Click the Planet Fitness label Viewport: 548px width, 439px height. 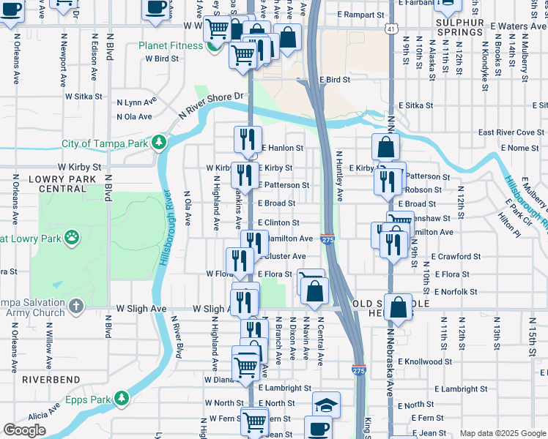[173, 45]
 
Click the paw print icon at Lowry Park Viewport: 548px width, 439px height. [72, 236]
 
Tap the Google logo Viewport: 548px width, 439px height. [24, 430]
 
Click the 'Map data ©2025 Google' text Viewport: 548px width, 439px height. [503, 434]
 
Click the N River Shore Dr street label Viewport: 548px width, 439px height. [211, 105]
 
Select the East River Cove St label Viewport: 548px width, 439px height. [511, 132]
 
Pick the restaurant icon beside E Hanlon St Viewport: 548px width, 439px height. [248, 139]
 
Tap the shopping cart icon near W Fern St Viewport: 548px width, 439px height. [254, 421]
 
